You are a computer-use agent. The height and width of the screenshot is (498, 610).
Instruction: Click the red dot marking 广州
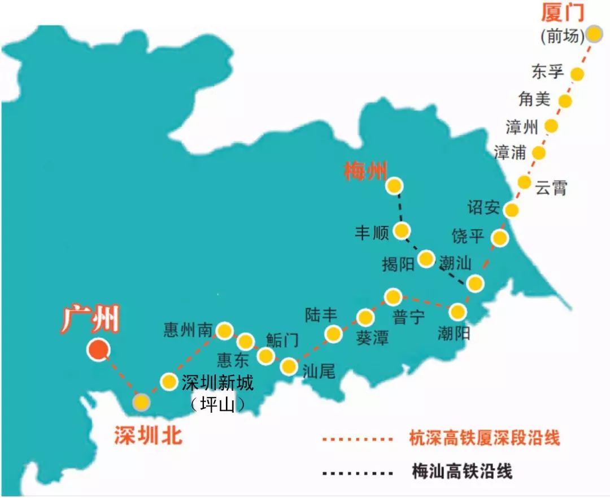[98, 350]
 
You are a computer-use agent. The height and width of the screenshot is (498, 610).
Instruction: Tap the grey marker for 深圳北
[141, 402]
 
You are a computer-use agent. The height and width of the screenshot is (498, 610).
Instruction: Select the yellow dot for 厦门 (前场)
[594, 34]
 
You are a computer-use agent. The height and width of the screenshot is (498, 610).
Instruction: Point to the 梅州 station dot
[394, 186]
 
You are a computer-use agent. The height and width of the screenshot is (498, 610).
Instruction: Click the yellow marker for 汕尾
[289, 367]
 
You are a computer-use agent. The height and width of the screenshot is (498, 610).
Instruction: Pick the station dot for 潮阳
[457, 311]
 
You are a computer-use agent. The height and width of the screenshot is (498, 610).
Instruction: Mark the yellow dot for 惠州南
[225, 331]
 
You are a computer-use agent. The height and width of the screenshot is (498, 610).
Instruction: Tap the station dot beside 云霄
[524, 182]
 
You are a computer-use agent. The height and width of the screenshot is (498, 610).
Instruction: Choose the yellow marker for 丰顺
[402, 230]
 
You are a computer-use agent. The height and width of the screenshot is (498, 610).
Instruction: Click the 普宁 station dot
[393, 296]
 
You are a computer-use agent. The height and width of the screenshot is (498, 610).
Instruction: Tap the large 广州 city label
[90, 321]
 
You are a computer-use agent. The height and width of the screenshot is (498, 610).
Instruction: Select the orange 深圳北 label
[149, 435]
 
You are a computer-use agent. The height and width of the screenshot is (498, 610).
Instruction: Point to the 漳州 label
[522, 127]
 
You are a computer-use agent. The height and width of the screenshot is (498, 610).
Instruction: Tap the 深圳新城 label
[217, 383]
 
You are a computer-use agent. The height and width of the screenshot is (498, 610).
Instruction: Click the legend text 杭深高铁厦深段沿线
[485, 438]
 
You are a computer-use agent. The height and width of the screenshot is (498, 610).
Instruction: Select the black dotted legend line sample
[356, 472]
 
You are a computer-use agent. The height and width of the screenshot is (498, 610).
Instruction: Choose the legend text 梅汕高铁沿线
[462, 472]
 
